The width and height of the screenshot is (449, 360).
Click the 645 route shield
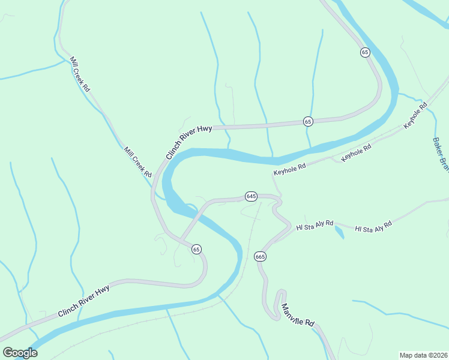(251, 196)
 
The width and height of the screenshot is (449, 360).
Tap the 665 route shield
(260, 256)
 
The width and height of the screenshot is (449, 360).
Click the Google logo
(20, 352)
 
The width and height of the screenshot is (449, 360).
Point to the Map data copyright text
(424, 355)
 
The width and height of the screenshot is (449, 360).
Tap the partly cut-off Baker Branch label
(441, 155)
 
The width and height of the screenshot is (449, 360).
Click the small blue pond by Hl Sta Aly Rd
(339, 232)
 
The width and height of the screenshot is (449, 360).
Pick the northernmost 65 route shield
(365, 52)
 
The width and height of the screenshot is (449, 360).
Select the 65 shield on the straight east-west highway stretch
(308, 121)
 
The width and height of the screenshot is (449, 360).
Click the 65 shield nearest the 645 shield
(196, 249)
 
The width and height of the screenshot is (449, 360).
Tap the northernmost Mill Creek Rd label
(80, 74)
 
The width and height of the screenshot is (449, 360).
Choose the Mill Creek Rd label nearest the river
(137, 163)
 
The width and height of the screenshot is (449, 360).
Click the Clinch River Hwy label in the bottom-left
(83, 302)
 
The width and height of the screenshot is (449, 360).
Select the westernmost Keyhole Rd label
(290, 168)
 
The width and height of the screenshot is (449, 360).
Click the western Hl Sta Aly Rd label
(315, 225)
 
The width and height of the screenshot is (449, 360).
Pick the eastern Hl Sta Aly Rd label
(373, 226)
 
